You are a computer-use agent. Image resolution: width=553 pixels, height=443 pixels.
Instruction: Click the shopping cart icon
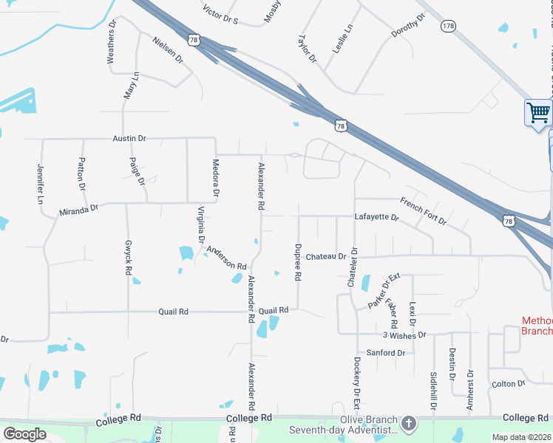539,113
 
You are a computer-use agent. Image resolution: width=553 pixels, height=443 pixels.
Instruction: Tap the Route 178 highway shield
448,26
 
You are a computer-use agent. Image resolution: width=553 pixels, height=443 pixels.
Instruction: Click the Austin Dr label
129,138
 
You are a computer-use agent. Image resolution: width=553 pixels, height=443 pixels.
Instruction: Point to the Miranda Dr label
79,210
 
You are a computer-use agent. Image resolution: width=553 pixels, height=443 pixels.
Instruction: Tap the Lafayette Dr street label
376,218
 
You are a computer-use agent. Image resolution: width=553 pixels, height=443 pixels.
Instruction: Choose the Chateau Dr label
326,256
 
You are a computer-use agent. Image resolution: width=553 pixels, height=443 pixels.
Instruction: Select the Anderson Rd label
226,258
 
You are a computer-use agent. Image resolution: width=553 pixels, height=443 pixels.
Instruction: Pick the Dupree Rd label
299,262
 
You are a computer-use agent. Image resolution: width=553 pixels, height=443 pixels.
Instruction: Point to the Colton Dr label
508,383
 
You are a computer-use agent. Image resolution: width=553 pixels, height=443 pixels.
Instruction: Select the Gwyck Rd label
128,258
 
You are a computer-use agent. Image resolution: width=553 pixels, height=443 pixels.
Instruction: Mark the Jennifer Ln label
41,185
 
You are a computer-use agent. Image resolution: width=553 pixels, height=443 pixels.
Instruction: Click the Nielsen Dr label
167,49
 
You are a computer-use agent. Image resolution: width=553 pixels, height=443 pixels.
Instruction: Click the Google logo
24,434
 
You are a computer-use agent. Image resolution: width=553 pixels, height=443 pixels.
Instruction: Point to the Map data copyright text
521,437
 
